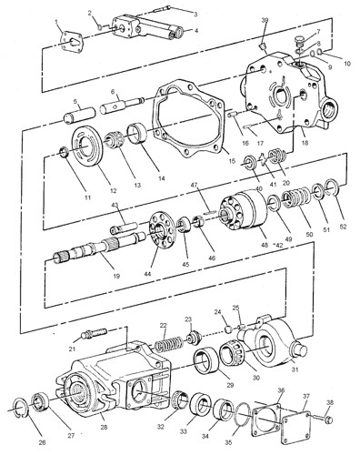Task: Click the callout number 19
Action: click(116, 276)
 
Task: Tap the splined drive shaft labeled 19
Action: click(100, 246)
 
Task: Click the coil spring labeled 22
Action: click(168, 343)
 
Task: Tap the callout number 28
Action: click(104, 427)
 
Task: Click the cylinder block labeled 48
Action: click(245, 211)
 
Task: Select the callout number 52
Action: click(343, 227)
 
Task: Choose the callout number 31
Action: click(295, 369)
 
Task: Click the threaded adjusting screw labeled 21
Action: click(94, 333)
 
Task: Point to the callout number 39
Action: click(265, 20)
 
